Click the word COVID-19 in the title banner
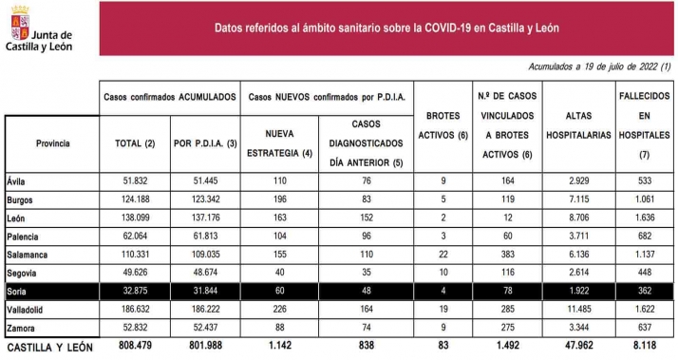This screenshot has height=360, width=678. click(443, 27)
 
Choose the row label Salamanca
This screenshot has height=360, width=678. click(28, 256)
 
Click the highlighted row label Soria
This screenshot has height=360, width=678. click(18, 289)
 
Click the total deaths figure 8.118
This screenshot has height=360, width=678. click(643, 348)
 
